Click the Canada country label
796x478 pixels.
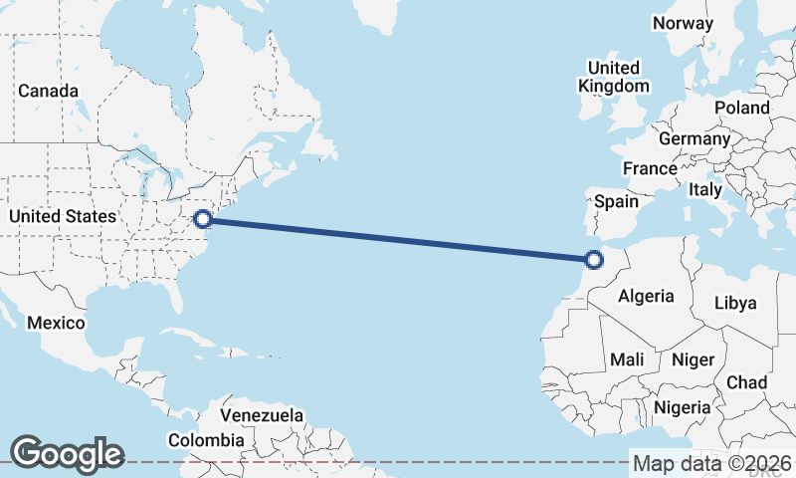pos(48,91)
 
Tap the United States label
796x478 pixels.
pos(62,216)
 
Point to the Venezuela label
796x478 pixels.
pos(262,414)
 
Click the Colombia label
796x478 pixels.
pos(206,439)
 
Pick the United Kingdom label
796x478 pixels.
pos(614,77)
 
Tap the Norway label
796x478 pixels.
pos(683,23)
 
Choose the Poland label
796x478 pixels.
pos(741,108)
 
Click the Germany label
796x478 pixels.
pos(694,138)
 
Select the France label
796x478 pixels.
pos(650,168)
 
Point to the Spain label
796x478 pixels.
pos(616,201)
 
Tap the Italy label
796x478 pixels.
pos(705,189)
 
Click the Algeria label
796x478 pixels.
pos(646,296)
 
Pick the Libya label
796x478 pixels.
pos(736,303)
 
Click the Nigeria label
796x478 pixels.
pos(683,407)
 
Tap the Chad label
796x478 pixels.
pos(747,382)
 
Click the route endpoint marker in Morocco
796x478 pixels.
pos(594,260)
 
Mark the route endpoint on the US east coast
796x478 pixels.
pos(203,218)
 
